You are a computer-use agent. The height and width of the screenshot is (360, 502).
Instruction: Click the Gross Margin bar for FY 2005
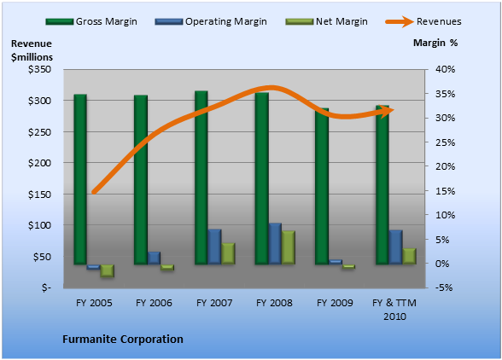pyautogui.click(x=80, y=179)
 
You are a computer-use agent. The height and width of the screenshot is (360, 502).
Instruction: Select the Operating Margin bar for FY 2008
pyautogui.click(x=275, y=243)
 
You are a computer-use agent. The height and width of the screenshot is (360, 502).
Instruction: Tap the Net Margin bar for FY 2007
pyautogui.click(x=228, y=253)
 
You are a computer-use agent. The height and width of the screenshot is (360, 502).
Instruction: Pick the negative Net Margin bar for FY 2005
pyautogui.click(x=108, y=270)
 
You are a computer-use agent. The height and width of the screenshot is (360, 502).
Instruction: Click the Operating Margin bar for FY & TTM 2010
pyautogui.click(x=396, y=247)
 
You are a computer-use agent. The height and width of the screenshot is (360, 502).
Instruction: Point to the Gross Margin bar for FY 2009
pyautogui.click(x=322, y=186)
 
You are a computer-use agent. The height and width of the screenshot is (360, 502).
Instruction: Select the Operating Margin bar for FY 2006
pyautogui.click(x=154, y=258)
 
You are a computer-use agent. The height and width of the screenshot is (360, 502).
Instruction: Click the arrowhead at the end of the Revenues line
pyautogui.click(x=388, y=111)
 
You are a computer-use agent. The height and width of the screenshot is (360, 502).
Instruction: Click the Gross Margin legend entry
pyautogui.click(x=91, y=21)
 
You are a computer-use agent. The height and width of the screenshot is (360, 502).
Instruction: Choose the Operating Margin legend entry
pyautogui.click(x=211, y=21)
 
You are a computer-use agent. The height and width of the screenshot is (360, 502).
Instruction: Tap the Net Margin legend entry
pyautogui.click(x=326, y=21)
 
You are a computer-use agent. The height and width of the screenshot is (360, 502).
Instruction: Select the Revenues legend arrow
pyautogui.click(x=400, y=21)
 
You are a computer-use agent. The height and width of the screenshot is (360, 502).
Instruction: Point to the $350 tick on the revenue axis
pyautogui.click(x=39, y=69)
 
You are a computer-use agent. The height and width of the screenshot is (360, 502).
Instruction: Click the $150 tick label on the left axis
pyautogui.click(x=39, y=195)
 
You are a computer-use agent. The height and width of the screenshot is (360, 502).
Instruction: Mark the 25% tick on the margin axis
pyautogui.click(x=445, y=142)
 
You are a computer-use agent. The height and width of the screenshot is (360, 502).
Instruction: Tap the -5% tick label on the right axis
pyautogui.click(x=444, y=287)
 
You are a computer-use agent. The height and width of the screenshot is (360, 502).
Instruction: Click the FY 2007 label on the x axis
pyautogui.click(x=214, y=303)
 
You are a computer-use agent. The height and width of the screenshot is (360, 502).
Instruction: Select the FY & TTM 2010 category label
pyautogui.click(x=394, y=310)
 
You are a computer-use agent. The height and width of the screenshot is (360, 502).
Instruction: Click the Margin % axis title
pyautogui.click(x=435, y=43)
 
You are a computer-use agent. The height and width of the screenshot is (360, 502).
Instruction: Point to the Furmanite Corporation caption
pyautogui.click(x=123, y=339)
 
